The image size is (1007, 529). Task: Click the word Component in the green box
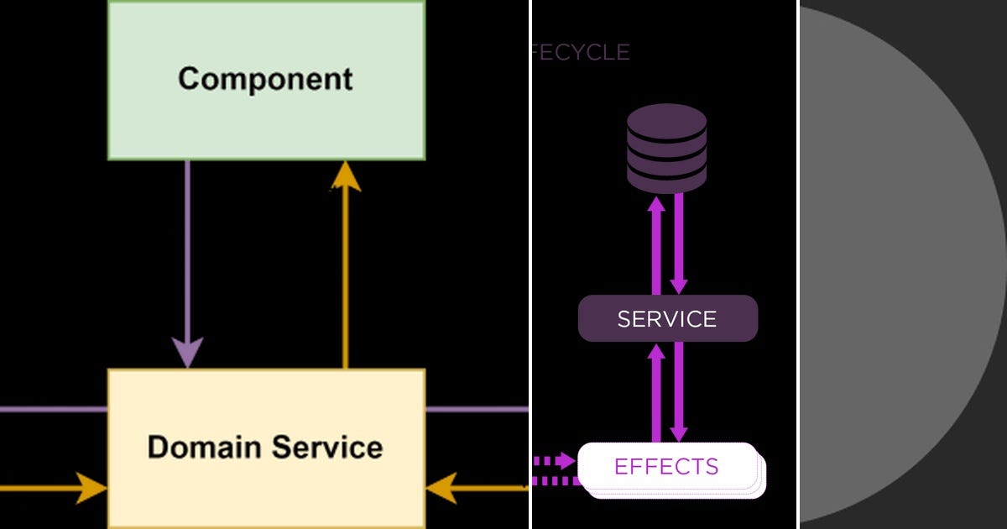pos(265,79)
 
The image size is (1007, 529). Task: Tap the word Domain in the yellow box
pos(201,447)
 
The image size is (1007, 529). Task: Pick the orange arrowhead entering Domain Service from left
pos(91,488)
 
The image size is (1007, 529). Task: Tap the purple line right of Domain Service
pos(477,410)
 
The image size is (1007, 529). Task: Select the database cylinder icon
pos(667,148)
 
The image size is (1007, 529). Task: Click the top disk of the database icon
pos(667,118)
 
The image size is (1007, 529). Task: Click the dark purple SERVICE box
pos(668,319)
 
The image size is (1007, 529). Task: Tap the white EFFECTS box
pos(667,467)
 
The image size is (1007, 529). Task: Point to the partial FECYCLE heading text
pos(580,52)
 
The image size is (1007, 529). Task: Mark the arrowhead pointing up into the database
pos(657,204)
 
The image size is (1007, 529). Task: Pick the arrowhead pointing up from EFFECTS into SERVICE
pos(657,351)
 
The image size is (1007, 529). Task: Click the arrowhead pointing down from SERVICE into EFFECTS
pos(679,432)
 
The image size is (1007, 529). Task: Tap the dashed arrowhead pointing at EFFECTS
pos(566,460)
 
